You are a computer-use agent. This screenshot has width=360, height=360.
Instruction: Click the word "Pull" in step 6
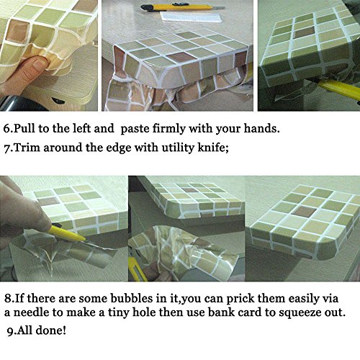point(24,129)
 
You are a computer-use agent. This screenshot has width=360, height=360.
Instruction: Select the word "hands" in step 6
point(260,129)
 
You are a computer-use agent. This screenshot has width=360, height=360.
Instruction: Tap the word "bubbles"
point(132,298)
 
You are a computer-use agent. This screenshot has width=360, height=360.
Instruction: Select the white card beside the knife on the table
point(192,17)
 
